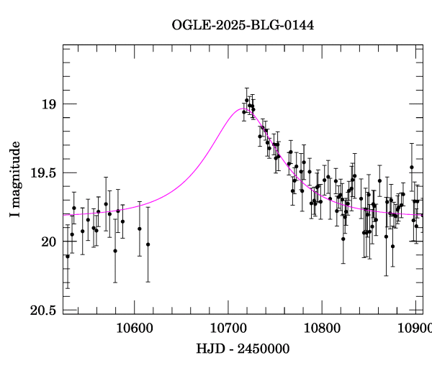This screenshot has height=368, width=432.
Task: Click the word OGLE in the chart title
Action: click(x=189, y=25)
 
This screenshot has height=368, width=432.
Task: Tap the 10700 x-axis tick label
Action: click(x=228, y=328)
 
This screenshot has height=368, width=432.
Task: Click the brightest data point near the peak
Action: click(x=247, y=101)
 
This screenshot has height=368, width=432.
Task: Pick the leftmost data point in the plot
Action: click(x=68, y=257)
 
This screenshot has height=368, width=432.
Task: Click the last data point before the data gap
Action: click(x=148, y=244)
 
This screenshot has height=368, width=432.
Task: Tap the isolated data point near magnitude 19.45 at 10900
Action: click(x=412, y=167)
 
